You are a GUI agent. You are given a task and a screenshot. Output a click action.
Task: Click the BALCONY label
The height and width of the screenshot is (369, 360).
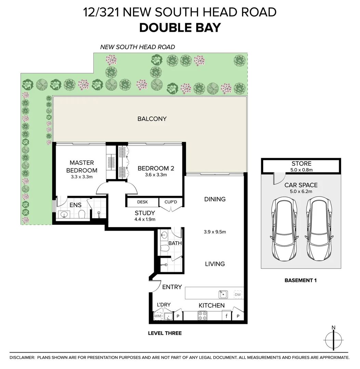pyautogui.click(x=152, y=119)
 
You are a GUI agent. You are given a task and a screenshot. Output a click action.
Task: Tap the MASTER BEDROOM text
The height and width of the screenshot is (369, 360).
pyautogui.click(x=82, y=166)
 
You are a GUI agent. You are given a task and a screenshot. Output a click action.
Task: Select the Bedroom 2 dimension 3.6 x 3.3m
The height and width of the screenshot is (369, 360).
pyautogui.click(x=156, y=175)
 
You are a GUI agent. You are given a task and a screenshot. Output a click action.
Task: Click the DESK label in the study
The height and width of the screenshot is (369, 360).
pyautogui.click(x=143, y=202)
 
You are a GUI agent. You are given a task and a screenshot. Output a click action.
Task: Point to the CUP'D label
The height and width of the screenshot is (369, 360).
pyautogui.click(x=171, y=202)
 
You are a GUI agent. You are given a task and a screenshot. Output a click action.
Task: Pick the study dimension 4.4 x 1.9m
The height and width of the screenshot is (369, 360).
pyautogui.click(x=145, y=219)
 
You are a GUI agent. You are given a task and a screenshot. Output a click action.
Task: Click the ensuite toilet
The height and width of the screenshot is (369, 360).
pyautogui.click(x=82, y=214)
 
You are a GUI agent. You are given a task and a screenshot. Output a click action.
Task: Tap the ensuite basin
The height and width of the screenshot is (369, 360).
pyautogui.click(x=64, y=215)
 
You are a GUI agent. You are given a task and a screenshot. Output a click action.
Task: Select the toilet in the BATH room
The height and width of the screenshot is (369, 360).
pyautogui.click(x=164, y=248)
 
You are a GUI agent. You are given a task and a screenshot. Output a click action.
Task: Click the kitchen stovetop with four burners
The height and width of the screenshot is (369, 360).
pyautogui.click(x=202, y=316)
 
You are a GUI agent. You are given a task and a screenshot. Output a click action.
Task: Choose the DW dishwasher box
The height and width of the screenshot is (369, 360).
pyautogui.click(x=238, y=295)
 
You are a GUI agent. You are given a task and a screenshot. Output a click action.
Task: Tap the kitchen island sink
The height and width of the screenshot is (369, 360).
pyautogui.click(x=223, y=295)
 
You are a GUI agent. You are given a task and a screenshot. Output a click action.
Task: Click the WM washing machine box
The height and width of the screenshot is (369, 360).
pyautogui.click(x=158, y=316)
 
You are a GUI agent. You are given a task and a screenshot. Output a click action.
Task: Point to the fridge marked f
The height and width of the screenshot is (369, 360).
pyautogui.click(x=227, y=316)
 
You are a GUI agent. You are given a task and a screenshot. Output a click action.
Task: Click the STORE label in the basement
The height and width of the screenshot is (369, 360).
pyautogui.click(x=302, y=164)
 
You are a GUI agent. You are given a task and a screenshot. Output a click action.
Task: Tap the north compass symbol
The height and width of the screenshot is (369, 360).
pyautogui.click(x=333, y=338)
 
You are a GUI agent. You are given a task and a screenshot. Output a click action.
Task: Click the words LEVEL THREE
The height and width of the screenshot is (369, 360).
pyautogui.click(x=165, y=333)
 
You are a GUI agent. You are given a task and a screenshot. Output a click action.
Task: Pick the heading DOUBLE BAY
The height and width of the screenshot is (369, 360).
pyautogui.click(x=180, y=28)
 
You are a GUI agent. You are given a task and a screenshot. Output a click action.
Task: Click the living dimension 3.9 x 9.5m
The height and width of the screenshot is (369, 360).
pyautogui.click(x=215, y=232)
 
